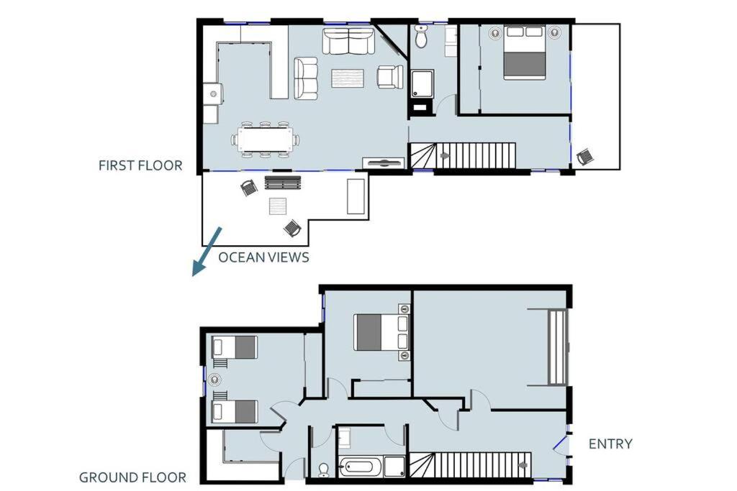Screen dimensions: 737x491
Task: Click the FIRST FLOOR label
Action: click(140, 165)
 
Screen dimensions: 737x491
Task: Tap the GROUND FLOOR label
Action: click(132, 478)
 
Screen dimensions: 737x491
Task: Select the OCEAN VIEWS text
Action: click(263, 257)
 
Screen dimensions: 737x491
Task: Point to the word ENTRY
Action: click(610, 444)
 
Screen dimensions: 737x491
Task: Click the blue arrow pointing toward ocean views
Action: click(207, 251)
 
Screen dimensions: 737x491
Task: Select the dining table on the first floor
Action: click(265, 139)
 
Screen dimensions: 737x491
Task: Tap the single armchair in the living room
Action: click(390, 76)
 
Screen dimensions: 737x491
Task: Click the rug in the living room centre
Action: click(348, 78)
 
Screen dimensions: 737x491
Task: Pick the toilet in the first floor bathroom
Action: click(421, 37)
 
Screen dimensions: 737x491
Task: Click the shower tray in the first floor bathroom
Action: click(422, 84)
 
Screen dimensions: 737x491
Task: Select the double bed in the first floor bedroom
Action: click(525, 52)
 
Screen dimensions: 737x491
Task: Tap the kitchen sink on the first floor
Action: click(213, 94)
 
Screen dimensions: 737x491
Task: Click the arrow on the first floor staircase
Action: click(444, 156)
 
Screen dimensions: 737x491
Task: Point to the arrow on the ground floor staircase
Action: click(523, 465)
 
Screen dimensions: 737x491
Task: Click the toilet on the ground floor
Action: click(324, 470)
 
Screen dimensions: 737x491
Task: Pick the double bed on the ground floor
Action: click(381, 332)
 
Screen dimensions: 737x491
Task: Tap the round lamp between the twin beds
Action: click(214, 380)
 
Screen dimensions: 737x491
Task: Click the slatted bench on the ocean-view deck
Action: click(282, 183)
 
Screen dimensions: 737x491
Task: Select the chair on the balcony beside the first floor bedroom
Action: click(584, 156)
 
